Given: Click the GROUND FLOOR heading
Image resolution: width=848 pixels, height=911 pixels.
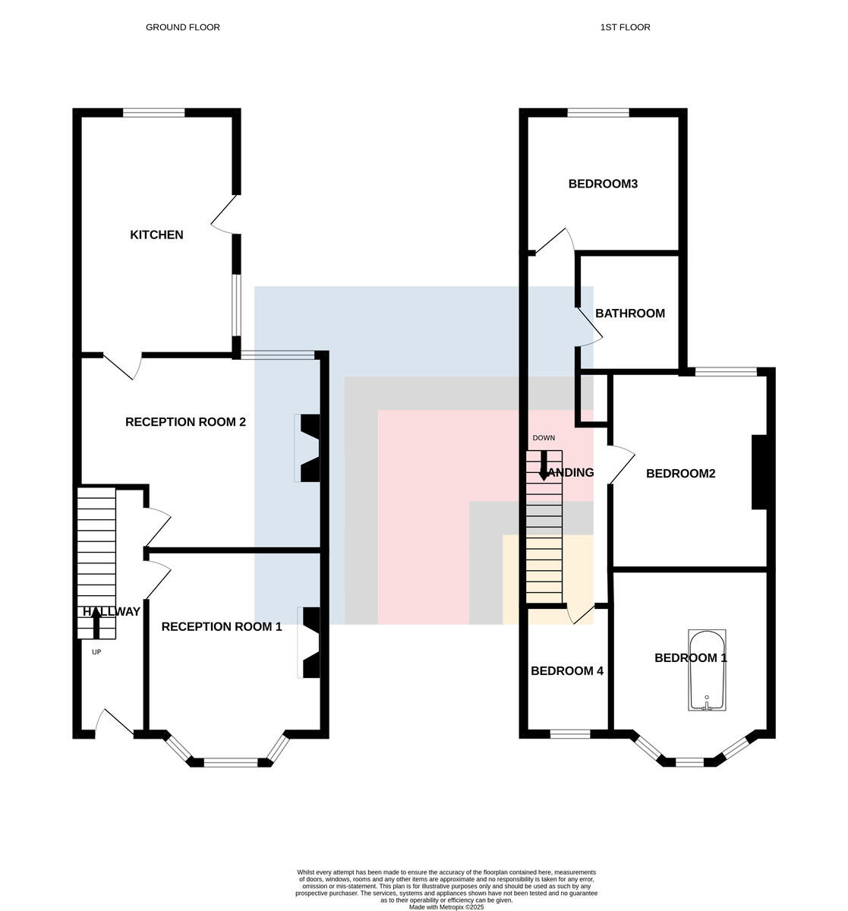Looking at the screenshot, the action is pyautogui.click(x=183, y=27).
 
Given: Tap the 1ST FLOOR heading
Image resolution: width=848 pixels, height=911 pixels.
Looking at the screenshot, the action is pyautogui.click(x=625, y=27).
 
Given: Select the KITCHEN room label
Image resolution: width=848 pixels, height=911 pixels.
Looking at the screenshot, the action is pyautogui.click(x=156, y=235).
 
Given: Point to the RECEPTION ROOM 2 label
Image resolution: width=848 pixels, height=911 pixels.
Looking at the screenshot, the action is pyautogui.click(x=185, y=422).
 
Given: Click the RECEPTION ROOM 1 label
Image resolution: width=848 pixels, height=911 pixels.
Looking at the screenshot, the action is pyautogui.click(x=222, y=626).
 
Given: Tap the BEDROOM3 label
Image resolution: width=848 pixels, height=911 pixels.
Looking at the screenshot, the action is pyautogui.click(x=603, y=184).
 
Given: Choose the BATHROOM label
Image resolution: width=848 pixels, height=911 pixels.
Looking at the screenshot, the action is pyautogui.click(x=630, y=314).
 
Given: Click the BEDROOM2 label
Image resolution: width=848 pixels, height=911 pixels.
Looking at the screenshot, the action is pyautogui.click(x=680, y=474).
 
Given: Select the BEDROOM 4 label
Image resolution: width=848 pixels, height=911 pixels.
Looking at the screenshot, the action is pyautogui.click(x=567, y=671).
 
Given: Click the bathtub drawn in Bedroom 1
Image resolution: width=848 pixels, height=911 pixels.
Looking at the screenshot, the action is pyautogui.click(x=707, y=670).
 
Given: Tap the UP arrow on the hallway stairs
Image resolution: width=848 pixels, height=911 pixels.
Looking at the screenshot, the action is pyautogui.click(x=96, y=623).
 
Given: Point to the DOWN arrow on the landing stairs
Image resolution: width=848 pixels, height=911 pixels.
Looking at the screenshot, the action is pyautogui.click(x=544, y=465).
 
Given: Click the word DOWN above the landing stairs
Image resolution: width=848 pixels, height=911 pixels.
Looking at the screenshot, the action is pyautogui.click(x=544, y=438).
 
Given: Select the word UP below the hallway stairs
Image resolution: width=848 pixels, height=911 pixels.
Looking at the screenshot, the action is pyautogui.click(x=96, y=652).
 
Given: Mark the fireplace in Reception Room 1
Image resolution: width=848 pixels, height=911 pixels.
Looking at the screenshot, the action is pyautogui.click(x=309, y=643).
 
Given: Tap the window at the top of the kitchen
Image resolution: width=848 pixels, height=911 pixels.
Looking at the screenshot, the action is pyautogui.click(x=153, y=113).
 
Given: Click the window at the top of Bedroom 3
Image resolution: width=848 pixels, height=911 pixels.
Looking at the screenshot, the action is pyautogui.click(x=598, y=113).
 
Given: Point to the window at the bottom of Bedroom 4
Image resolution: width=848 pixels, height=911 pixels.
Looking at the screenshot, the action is pyautogui.click(x=570, y=734).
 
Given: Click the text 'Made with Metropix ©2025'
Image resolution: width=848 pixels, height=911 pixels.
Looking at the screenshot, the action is pyautogui.click(x=446, y=907).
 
